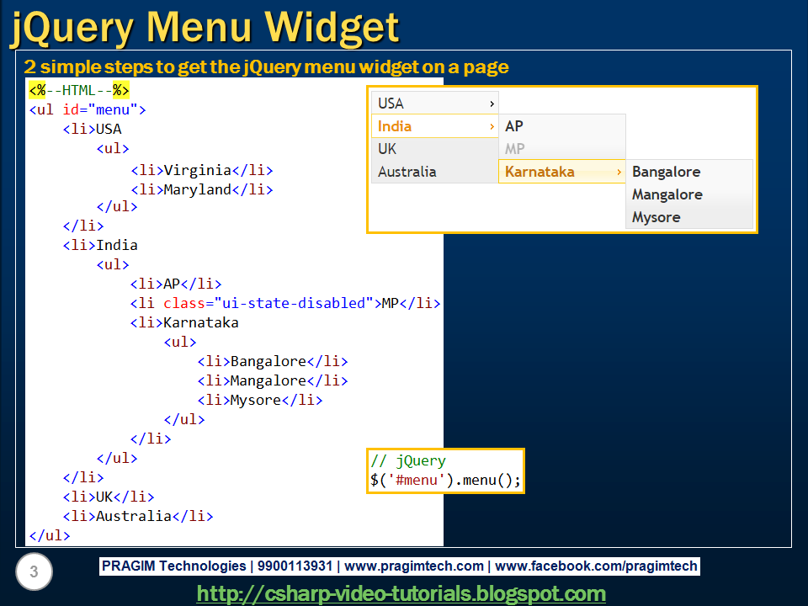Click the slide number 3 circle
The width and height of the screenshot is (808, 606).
(34, 573)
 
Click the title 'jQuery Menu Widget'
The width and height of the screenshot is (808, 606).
(204, 28)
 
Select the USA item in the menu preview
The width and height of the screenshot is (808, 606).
(391, 104)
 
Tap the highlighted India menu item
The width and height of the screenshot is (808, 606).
(396, 126)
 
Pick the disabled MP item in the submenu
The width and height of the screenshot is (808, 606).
(515, 149)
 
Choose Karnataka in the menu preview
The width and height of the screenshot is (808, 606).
(540, 172)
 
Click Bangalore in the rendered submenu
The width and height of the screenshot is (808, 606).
(666, 172)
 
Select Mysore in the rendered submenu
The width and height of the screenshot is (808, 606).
(656, 217)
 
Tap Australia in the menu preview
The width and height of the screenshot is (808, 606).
(407, 172)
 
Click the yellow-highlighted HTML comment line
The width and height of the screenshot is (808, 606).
(79, 90)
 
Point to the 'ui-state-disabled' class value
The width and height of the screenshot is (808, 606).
(294, 303)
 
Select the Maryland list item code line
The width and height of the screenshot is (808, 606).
(201, 189)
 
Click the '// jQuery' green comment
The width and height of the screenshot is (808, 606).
(408, 461)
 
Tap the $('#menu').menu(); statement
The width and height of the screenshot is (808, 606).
(445, 481)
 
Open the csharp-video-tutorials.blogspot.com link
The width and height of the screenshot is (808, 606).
(401, 593)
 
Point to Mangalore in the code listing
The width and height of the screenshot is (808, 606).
(268, 380)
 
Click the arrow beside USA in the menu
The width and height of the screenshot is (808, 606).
(492, 104)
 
